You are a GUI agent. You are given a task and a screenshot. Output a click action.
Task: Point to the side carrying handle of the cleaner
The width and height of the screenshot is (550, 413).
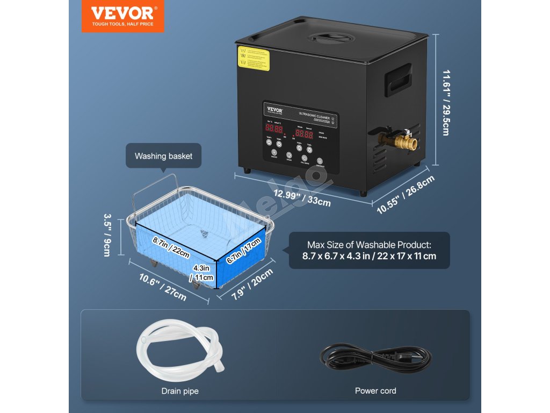point(397,80)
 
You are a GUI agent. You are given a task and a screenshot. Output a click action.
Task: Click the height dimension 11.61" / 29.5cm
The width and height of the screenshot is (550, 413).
point(445,101)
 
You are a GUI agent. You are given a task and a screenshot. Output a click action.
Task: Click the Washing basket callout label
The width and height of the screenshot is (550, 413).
point(163,156)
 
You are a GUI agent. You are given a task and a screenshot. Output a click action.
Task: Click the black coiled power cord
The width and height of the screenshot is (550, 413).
point(375,357)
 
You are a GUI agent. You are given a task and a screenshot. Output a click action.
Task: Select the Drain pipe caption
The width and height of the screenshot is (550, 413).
point(180,391)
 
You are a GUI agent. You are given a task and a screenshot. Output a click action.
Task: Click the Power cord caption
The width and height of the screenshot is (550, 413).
point(375,391)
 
